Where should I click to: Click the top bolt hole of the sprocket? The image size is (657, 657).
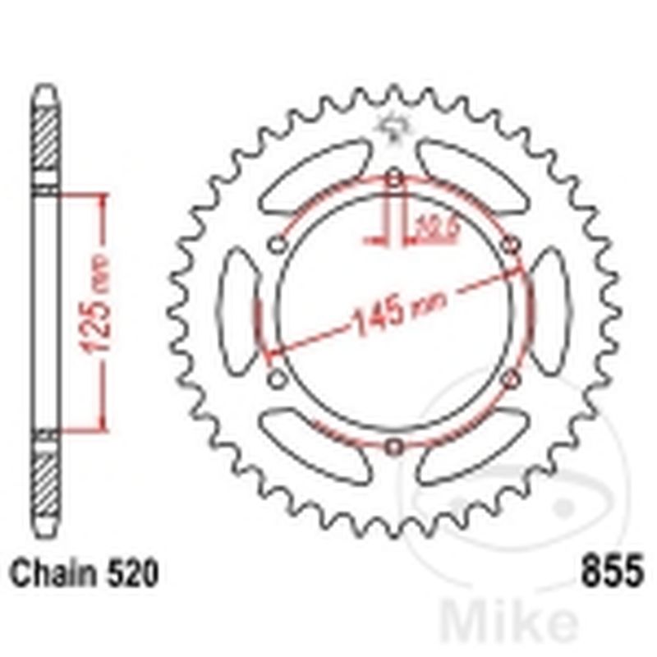tap(394, 178)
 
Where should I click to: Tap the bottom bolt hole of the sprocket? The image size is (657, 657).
tap(394, 446)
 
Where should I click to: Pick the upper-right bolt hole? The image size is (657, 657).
tap(511, 245)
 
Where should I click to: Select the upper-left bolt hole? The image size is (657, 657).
tap(278, 245)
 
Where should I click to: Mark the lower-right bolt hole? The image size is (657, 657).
tap(511, 379)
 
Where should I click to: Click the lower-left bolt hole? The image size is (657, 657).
tap(278, 379)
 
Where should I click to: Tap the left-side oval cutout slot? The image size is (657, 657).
tap(237, 312)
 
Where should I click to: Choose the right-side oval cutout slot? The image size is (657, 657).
tap(550, 312)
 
